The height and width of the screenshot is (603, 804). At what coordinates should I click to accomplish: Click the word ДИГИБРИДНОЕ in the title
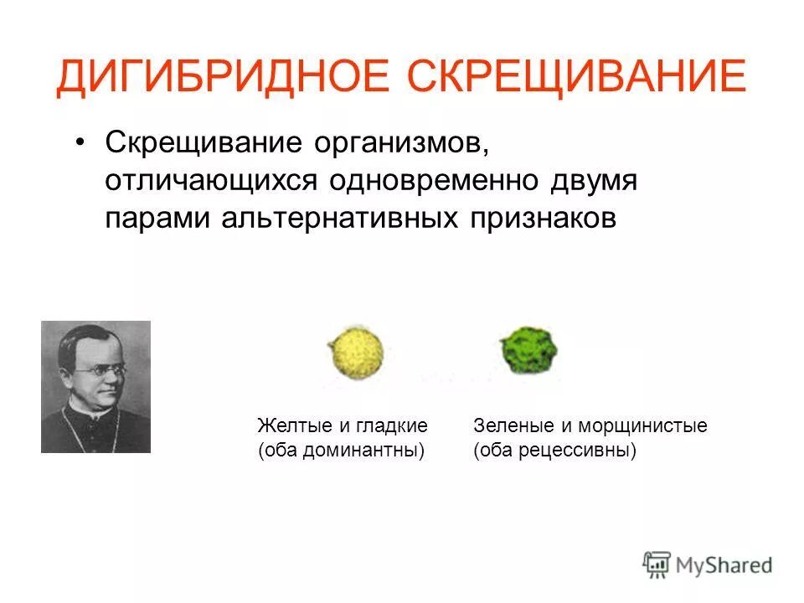tap(225, 78)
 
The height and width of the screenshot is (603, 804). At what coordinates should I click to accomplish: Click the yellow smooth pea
tap(356, 351)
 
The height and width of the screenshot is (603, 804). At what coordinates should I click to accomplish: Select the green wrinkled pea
tap(528, 349)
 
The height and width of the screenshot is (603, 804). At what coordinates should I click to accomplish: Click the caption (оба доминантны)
tap(341, 451)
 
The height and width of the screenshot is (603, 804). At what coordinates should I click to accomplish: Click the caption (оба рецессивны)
tap(554, 451)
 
